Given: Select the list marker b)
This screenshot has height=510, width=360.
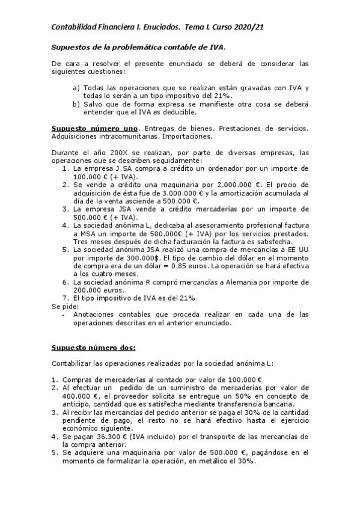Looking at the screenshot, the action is coord(76,104).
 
